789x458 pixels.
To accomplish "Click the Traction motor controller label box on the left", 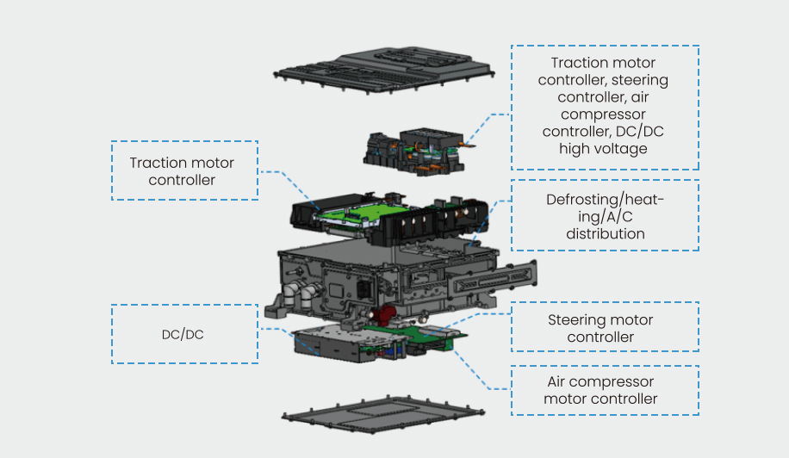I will (184, 170).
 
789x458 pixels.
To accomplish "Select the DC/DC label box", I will (184, 334).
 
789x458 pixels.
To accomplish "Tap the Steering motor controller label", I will (604, 327).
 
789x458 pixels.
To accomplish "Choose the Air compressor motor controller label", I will (604, 390).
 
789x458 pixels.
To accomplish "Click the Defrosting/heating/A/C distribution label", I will (604, 216).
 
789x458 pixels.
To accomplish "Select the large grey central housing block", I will (388, 271).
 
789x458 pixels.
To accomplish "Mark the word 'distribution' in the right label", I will (605, 233).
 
